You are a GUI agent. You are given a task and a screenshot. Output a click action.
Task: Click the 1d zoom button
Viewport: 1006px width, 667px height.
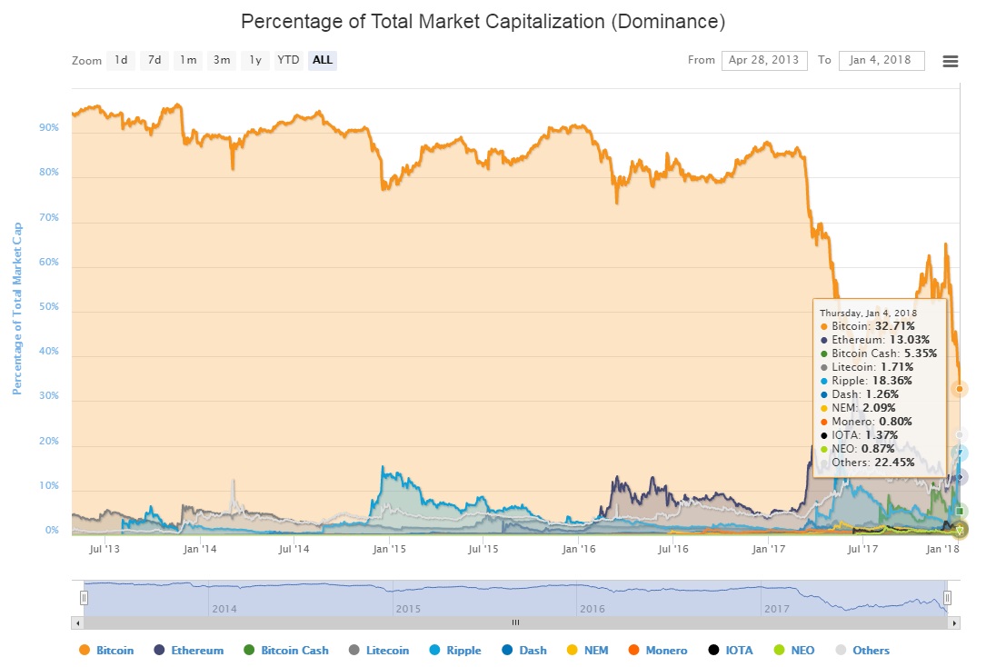pos(121,61)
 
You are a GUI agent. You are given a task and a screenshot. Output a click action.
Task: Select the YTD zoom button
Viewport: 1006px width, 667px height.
pos(288,61)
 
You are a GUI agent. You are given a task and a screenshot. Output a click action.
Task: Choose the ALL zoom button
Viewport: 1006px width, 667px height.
pos(323,61)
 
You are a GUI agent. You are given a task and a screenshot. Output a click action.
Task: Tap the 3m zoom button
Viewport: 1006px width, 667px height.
pos(222,61)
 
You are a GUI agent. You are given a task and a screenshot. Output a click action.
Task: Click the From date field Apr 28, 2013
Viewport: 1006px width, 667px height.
pos(764,61)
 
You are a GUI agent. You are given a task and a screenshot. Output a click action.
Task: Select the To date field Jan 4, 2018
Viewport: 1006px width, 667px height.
pos(881,61)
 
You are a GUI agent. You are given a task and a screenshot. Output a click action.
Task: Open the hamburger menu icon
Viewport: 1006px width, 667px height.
pos(951,61)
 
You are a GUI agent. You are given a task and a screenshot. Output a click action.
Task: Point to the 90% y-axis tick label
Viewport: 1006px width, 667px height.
pos(49,128)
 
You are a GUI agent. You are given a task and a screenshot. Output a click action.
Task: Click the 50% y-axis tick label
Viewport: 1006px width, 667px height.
pos(49,307)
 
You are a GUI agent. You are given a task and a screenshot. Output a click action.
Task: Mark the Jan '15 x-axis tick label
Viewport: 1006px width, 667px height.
pos(389,549)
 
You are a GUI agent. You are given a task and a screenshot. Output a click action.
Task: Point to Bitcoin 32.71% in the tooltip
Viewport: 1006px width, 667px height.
pos(894,325)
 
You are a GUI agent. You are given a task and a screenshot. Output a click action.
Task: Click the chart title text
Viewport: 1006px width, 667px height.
pos(483,20)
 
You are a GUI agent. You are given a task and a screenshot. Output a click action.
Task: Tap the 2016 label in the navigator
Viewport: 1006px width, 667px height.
pos(592,608)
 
